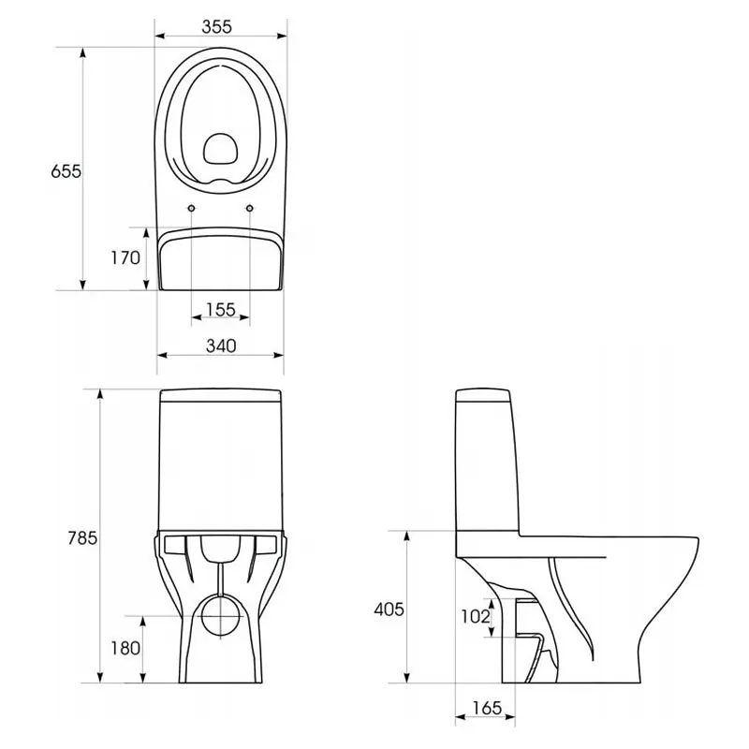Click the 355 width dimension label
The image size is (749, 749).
coord(216,27)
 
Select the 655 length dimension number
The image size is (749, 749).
coord(66,171)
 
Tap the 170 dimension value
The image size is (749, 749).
coord(125,258)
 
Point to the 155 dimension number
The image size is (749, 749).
coord(221,310)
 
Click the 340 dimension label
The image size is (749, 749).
coord(221,345)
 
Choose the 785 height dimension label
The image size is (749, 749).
coord(82,537)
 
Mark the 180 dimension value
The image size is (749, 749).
coord(125,648)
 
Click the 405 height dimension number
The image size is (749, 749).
coord(389,609)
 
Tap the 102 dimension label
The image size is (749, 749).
coord(476,616)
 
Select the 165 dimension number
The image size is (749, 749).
coord(487,708)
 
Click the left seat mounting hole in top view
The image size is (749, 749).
coord(192,208)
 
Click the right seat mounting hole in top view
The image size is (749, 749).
coord(249,208)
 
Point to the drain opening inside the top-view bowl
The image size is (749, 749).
coord(220,148)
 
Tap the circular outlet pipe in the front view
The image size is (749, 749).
coord(221,616)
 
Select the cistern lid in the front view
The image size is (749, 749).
coord(220,396)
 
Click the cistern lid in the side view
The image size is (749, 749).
coord(483,395)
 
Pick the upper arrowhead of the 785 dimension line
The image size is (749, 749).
coord(100,394)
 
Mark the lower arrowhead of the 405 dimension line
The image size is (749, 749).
coord(406,677)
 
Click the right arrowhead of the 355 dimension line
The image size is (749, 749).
coord(282,36)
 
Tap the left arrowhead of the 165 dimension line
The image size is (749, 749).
coord(461,716)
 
